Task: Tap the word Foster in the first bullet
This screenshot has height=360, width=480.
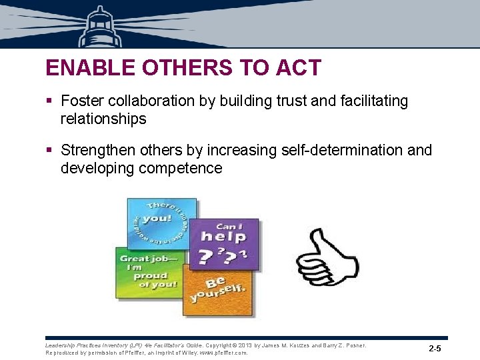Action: (x=83, y=101)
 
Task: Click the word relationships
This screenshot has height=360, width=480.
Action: (x=103, y=119)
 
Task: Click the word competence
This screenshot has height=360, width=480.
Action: (x=181, y=168)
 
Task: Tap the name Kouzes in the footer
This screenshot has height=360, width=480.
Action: (x=293, y=345)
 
